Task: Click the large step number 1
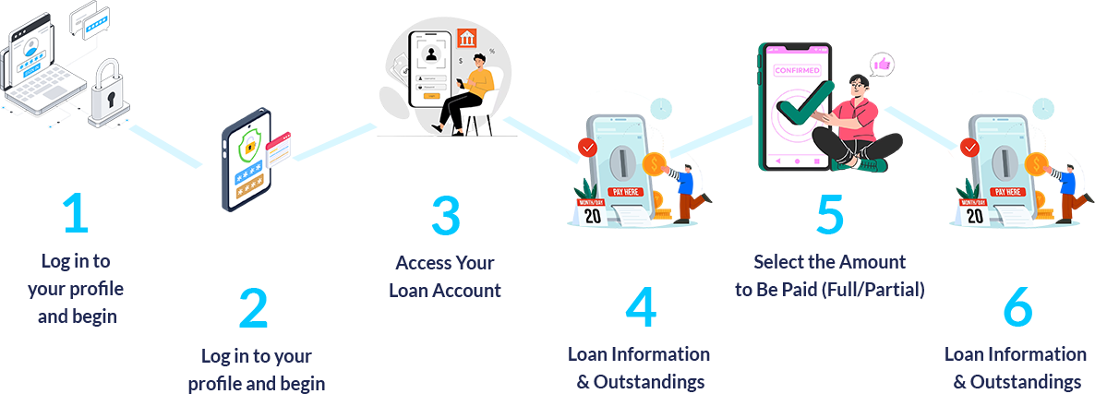click(75, 214)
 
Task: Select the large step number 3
click(445, 214)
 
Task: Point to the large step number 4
click(640, 308)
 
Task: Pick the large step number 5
click(829, 214)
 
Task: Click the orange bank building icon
click(467, 40)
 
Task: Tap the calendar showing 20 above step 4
click(591, 211)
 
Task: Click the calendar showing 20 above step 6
click(974, 211)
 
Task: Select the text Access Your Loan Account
click(445, 276)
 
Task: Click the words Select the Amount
click(829, 261)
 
